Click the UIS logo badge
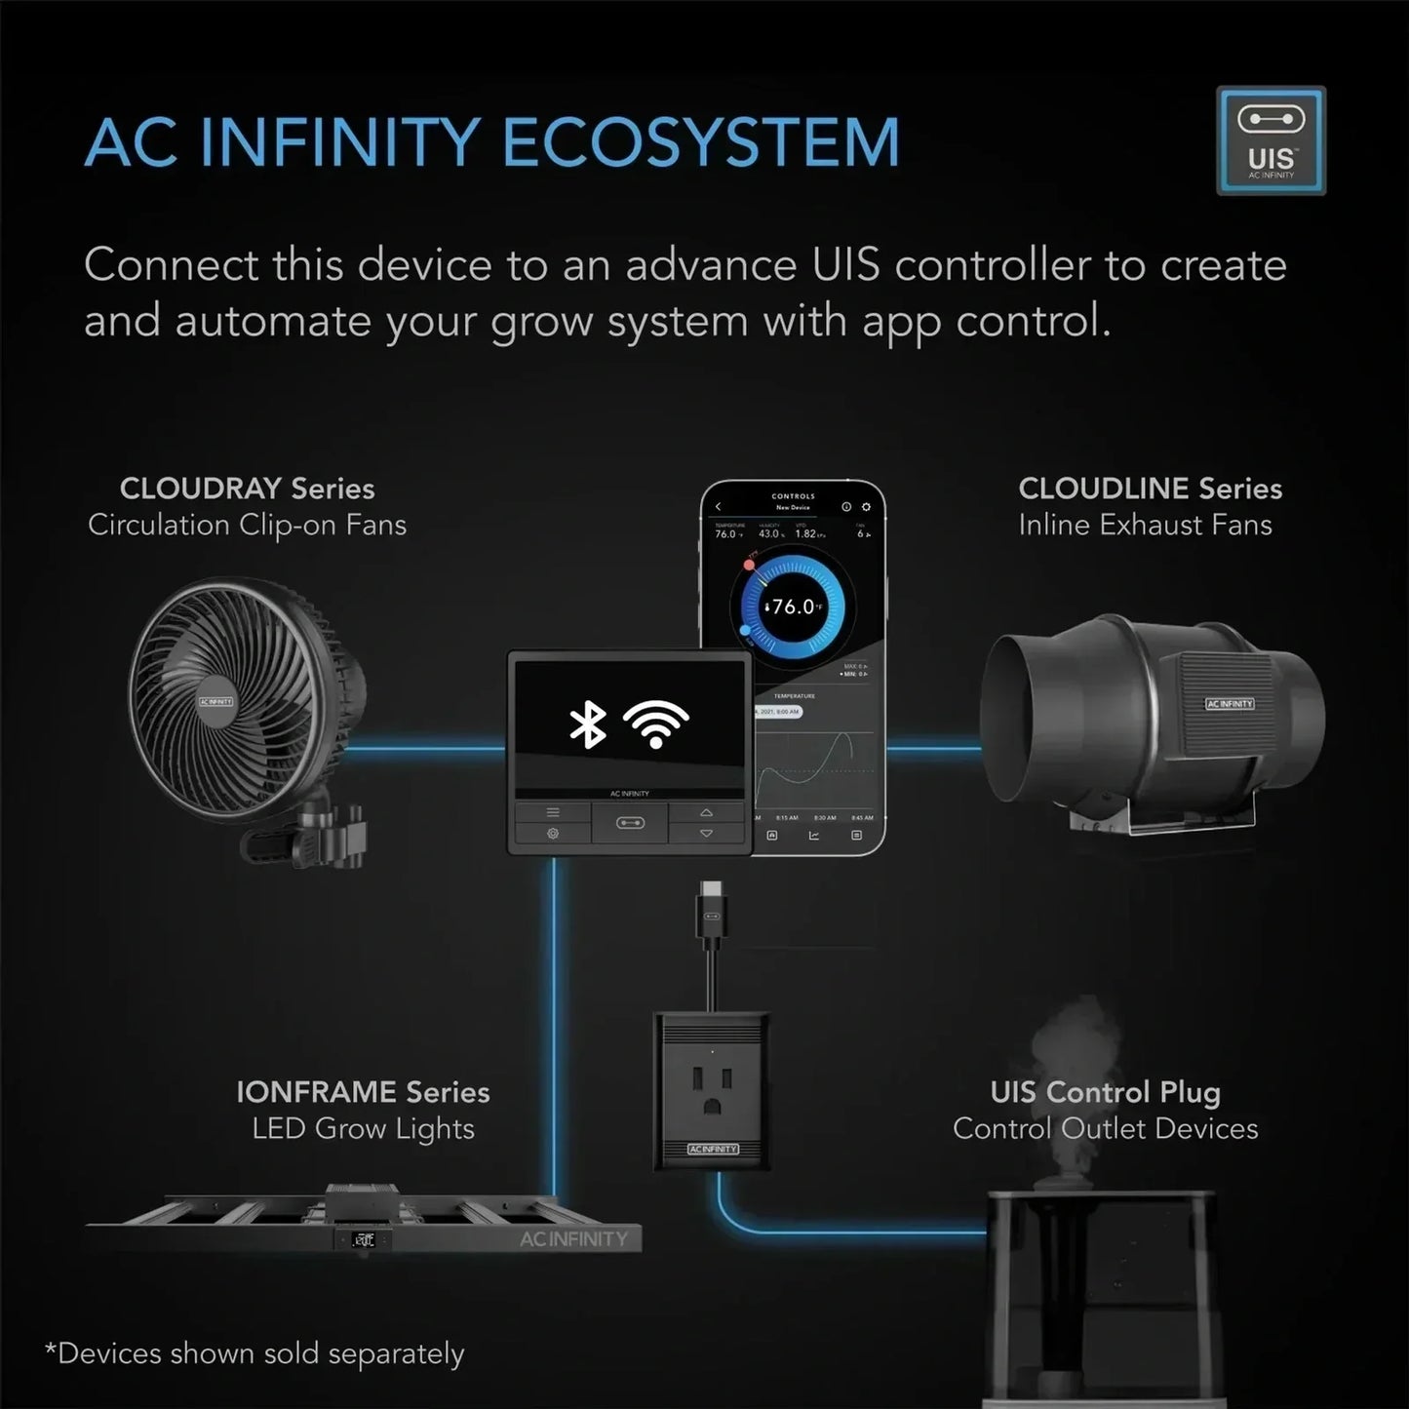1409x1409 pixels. [x=1271, y=139]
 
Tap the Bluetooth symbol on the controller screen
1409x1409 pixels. [x=587, y=724]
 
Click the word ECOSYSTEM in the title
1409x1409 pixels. [x=700, y=143]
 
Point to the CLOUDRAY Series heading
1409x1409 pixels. [x=247, y=489]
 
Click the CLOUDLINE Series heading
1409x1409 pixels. [x=1150, y=489]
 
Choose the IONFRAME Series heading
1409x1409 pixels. [x=363, y=1092]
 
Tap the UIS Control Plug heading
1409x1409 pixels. [x=1105, y=1092]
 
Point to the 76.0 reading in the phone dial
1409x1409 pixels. [x=793, y=607]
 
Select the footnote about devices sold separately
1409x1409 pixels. [x=254, y=1354]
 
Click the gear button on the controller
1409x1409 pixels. [x=553, y=834]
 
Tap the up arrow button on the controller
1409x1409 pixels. [x=707, y=812]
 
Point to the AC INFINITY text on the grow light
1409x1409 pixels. [x=573, y=1239]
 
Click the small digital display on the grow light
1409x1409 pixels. [x=364, y=1240]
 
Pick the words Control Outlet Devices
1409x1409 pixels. [x=1105, y=1129]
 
